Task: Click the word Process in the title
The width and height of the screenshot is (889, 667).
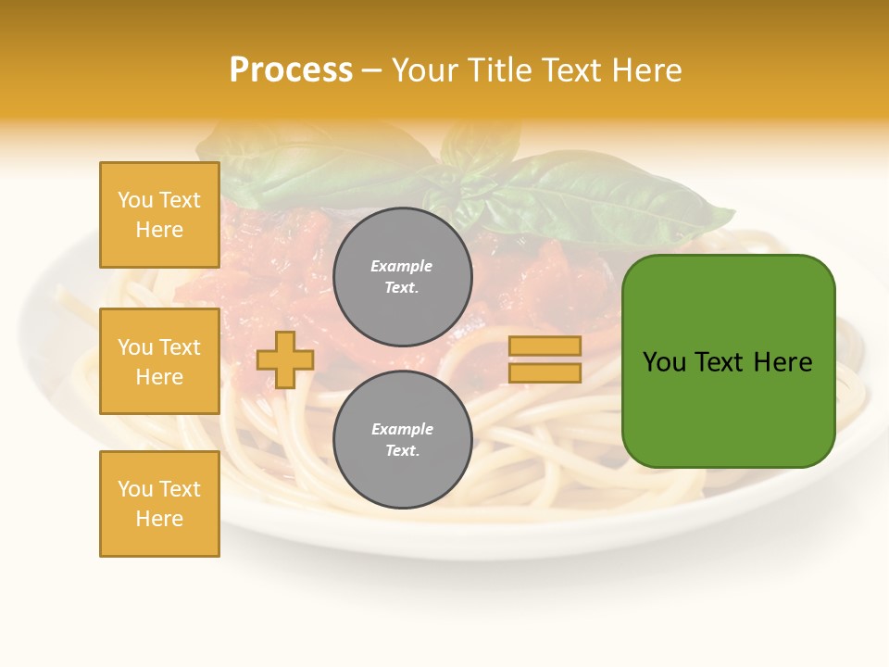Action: tap(291, 70)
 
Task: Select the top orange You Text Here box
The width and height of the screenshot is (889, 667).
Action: tap(159, 215)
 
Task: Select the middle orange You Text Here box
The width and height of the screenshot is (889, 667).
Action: tap(159, 361)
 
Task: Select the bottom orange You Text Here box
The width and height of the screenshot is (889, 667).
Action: tap(159, 504)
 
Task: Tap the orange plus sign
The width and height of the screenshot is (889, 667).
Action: tap(285, 359)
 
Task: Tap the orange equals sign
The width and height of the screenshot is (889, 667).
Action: tap(545, 359)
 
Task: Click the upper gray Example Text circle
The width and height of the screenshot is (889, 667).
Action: tap(403, 276)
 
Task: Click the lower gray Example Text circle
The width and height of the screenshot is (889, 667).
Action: tap(403, 439)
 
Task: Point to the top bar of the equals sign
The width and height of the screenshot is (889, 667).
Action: tap(545, 346)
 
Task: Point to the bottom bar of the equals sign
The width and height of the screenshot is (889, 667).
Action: tap(545, 373)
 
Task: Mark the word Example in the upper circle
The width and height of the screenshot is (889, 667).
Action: tap(401, 266)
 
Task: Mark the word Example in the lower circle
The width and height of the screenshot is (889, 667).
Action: tap(402, 429)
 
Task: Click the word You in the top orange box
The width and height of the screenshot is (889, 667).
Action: tap(135, 200)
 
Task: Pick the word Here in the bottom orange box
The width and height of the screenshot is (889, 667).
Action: tap(159, 519)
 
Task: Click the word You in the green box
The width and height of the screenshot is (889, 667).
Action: tap(664, 362)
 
